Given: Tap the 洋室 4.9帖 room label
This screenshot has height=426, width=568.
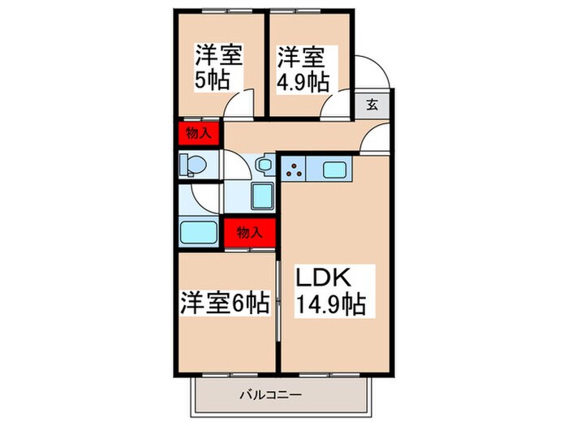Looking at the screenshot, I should click(x=303, y=68).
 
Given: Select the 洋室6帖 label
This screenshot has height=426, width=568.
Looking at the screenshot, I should click(x=225, y=303).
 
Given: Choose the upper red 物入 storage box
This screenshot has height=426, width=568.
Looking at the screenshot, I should click(x=198, y=133).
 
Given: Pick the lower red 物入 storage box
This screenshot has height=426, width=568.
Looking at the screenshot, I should click(x=249, y=231).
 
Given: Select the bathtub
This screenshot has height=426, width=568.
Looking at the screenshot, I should click(x=197, y=231).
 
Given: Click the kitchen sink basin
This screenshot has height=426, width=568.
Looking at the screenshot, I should click(x=336, y=170).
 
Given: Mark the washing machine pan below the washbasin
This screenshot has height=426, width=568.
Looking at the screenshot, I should click(x=263, y=196).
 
